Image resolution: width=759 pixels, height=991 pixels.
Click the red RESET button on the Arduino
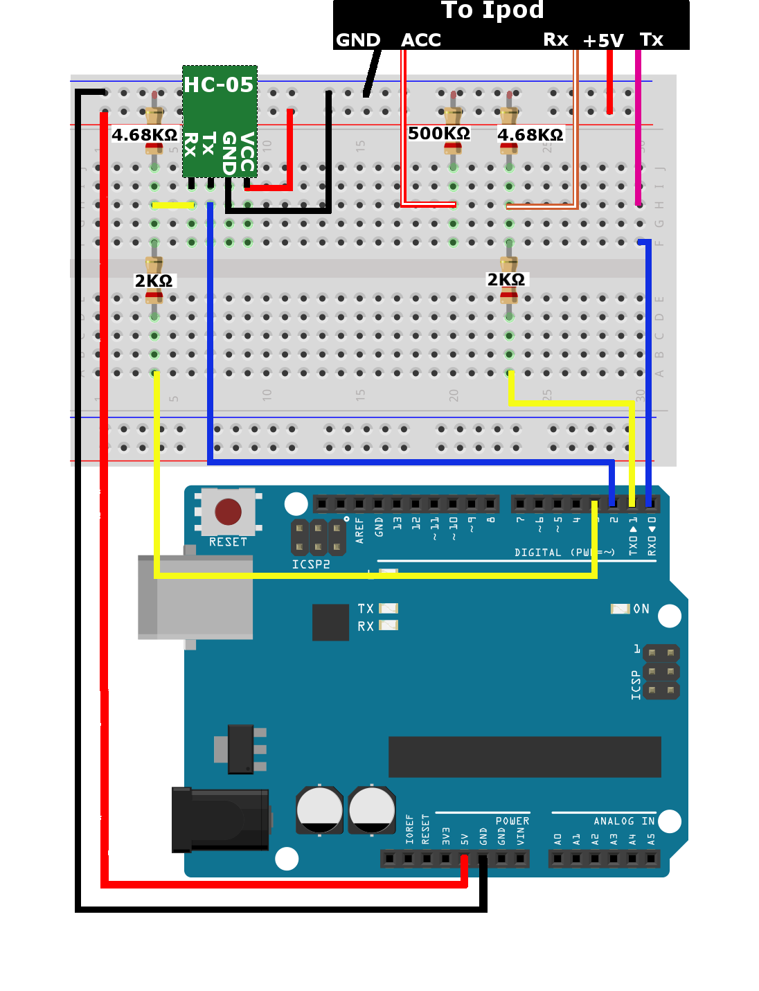pyautogui.click(x=228, y=512)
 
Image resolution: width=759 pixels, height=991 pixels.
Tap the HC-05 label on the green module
pyautogui.click(x=218, y=84)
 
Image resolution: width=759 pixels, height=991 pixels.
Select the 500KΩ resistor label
pyautogui.click(x=439, y=133)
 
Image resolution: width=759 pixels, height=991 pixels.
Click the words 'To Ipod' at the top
pyautogui.click(x=492, y=10)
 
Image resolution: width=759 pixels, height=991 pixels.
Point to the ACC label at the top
pyautogui.click(x=421, y=40)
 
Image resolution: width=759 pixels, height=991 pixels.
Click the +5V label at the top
pyautogui.click(x=603, y=41)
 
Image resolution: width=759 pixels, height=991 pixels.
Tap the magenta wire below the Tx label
pyautogui.click(x=638, y=132)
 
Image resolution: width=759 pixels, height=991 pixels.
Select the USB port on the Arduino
pyautogui.click(x=195, y=596)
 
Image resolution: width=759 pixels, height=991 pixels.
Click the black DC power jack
pyautogui.click(x=220, y=819)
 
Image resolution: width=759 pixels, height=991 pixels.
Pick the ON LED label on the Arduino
pyautogui.click(x=641, y=609)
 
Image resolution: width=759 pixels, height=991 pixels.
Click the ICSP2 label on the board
pyautogui.click(x=311, y=564)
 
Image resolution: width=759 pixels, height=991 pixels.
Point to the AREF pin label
pyautogui.click(x=359, y=529)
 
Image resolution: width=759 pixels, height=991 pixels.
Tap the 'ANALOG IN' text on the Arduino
pyautogui.click(x=624, y=821)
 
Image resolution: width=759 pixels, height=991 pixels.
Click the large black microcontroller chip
pyautogui.click(x=524, y=756)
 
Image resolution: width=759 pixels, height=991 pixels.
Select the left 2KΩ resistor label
pyautogui.click(x=154, y=280)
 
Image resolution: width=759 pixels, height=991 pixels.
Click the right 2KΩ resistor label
pyautogui.click(x=506, y=279)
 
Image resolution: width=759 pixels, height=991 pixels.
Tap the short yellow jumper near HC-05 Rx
pyautogui.click(x=172, y=205)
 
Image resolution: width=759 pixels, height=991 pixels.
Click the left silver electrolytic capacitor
pyautogui.click(x=319, y=809)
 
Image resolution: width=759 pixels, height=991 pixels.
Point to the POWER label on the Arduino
pyautogui.click(x=512, y=821)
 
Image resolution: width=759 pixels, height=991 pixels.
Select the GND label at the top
pyautogui.click(x=358, y=40)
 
